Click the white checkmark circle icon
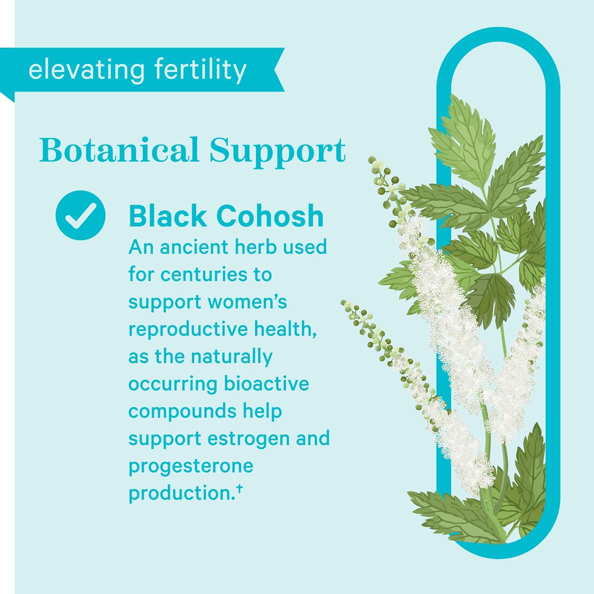pyautogui.click(x=80, y=215)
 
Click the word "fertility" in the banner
pyautogui.click(x=200, y=70)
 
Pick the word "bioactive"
pyautogui.click(x=267, y=384)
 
